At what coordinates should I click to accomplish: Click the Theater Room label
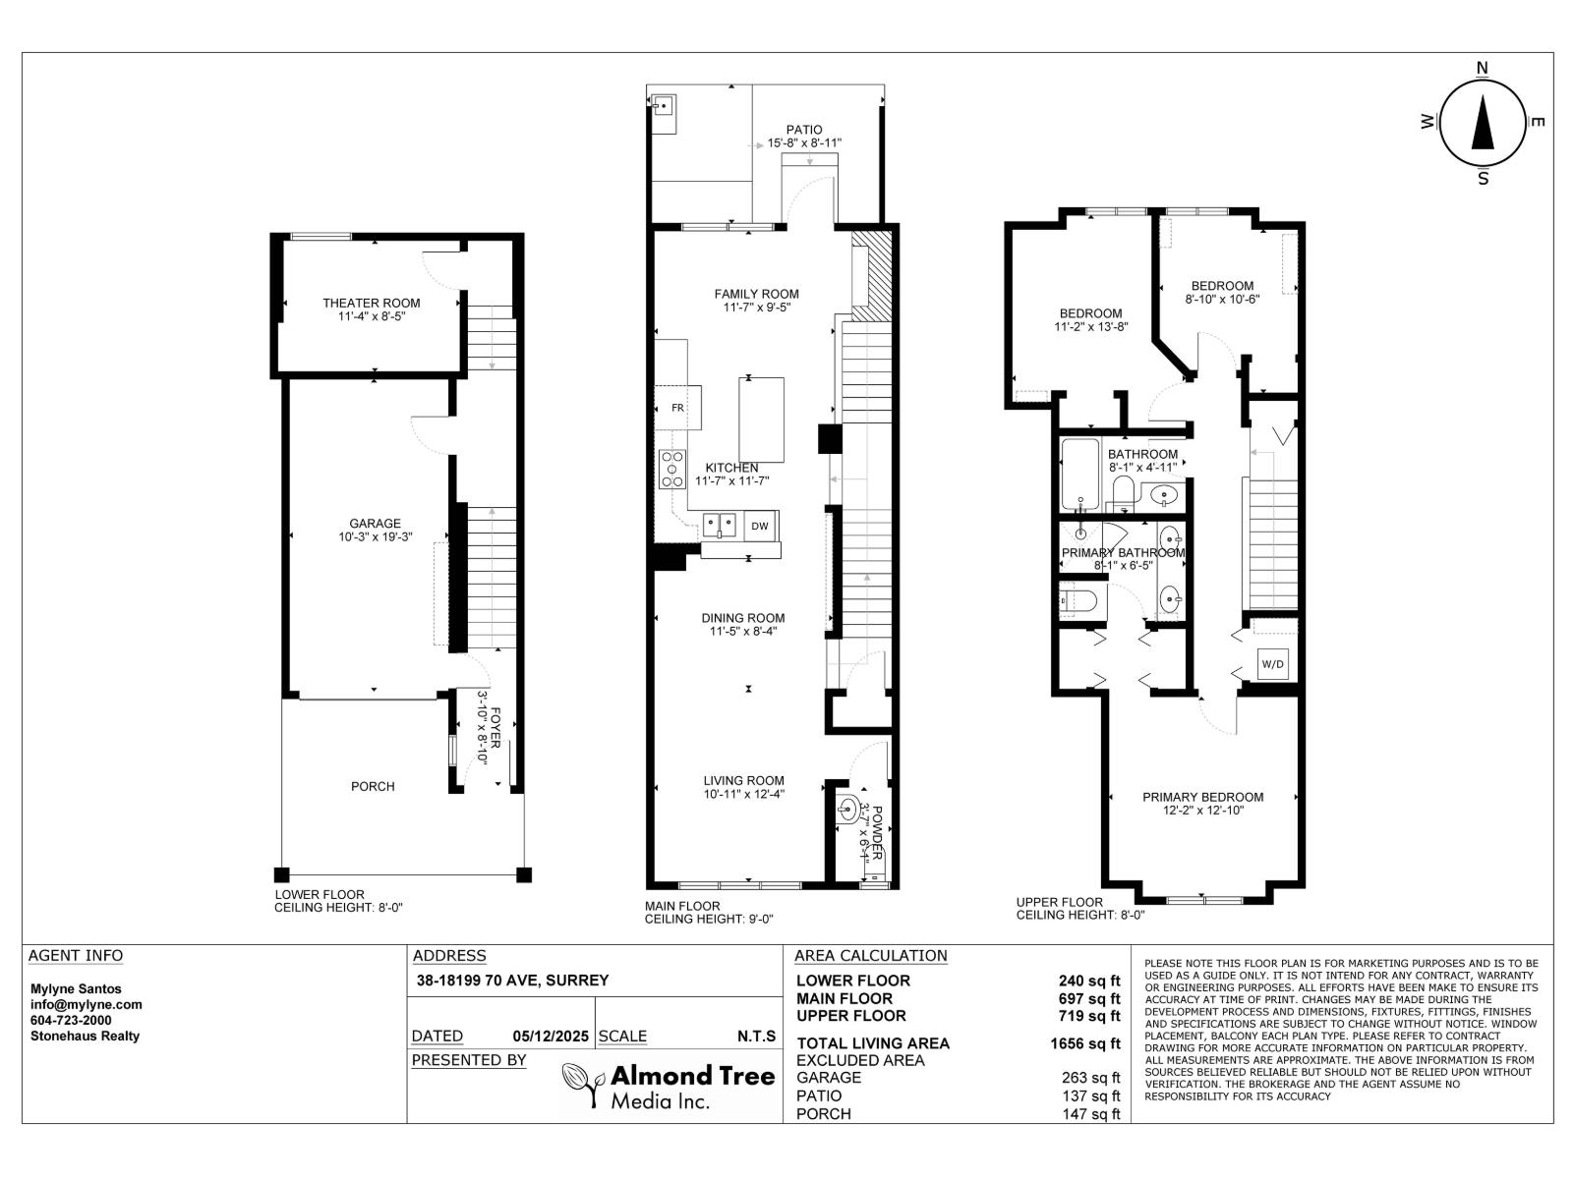click(x=371, y=303)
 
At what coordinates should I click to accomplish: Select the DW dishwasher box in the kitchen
click(x=760, y=527)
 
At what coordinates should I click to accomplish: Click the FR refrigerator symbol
click(x=678, y=407)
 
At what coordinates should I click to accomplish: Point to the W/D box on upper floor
click(x=1272, y=664)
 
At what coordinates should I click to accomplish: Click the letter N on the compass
click(x=1482, y=68)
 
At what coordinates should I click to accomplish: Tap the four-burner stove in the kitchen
click(x=672, y=470)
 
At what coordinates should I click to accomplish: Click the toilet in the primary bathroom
click(x=1078, y=599)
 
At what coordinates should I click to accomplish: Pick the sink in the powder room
click(x=847, y=812)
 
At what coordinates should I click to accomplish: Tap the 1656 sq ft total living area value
click(x=1084, y=1043)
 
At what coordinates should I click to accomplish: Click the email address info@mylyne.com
click(x=87, y=1004)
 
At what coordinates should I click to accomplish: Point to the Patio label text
click(x=804, y=130)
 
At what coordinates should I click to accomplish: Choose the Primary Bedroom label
click(x=1202, y=797)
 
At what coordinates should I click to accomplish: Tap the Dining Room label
click(x=743, y=618)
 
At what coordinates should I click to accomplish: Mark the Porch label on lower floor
click(x=373, y=786)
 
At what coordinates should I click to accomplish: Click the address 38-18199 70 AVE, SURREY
click(x=512, y=980)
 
